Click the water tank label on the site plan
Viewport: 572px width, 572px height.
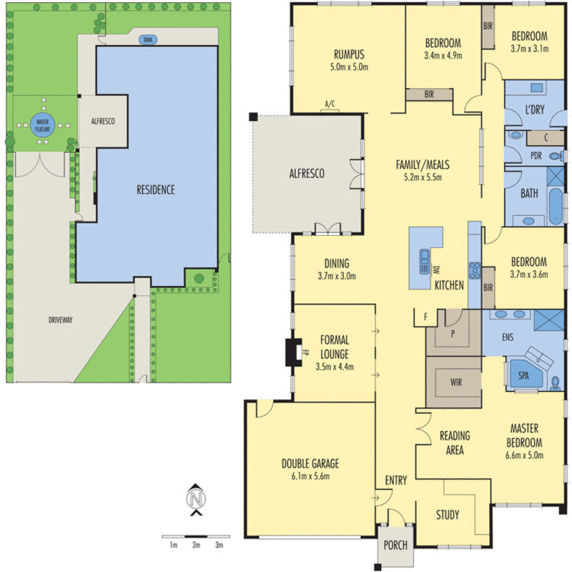click(x=148, y=40)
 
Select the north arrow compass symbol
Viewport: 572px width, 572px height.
click(x=195, y=498)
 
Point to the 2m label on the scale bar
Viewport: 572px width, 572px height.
click(x=196, y=546)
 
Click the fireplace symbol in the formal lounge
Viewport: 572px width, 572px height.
click(x=294, y=352)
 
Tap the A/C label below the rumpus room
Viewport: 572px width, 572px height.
click(x=330, y=105)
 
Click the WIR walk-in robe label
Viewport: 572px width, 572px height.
click(x=456, y=383)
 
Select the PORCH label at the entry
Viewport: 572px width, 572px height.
click(x=395, y=546)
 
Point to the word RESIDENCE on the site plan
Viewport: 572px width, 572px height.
click(x=156, y=190)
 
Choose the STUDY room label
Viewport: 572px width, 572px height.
click(x=448, y=515)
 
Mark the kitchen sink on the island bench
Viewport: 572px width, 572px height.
click(x=424, y=257)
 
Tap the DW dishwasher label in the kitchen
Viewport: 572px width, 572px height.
click(x=435, y=270)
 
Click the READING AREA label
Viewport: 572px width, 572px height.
click(x=455, y=443)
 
